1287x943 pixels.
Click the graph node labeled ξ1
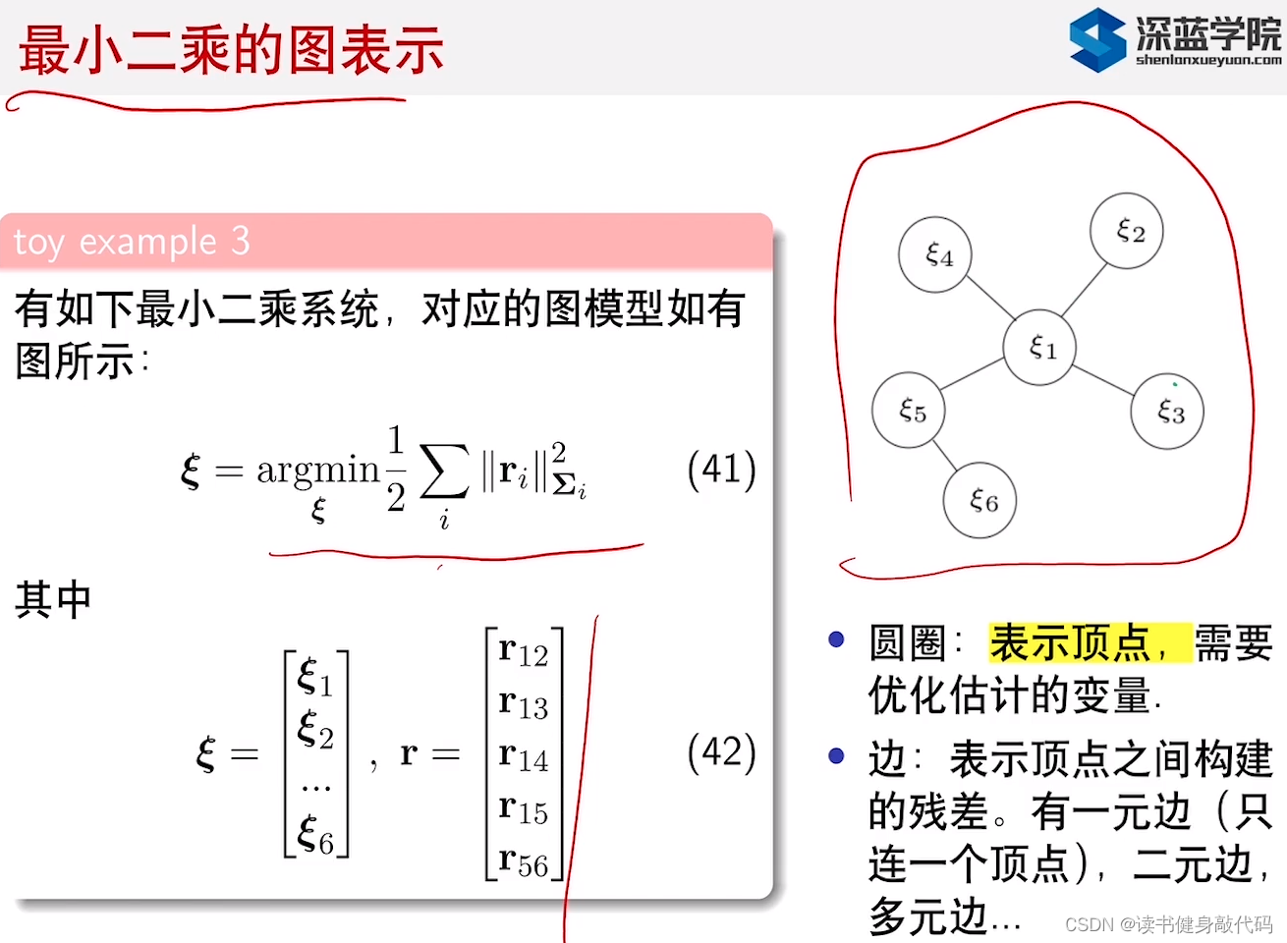click(x=1039, y=348)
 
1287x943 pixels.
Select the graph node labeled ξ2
click(x=1127, y=231)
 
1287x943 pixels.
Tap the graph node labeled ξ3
click(x=1167, y=412)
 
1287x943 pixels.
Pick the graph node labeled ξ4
click(x=935, y=255)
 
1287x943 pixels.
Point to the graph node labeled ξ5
click(x=909, y=410)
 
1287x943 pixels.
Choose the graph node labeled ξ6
click(x=979, y=501)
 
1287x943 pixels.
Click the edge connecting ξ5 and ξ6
click(x=944, y=455)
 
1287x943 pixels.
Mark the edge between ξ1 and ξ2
click(x=1084, y=290)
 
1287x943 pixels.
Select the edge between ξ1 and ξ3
click(x=1103, y=380)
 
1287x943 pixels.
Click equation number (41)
click(x=721, y=470)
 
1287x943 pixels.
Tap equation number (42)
click(x=721, y=753)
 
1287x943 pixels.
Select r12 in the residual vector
click(x=523, y=651)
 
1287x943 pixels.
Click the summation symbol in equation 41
click(x=444, y=471)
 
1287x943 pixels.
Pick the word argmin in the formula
click(x=317, y=470)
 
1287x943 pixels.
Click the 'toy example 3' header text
click(x=132, y=241)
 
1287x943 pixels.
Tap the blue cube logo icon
click(x=1097, y=39)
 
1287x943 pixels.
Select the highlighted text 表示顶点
click(x=1071, y=643)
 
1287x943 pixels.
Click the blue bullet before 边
click(x=837, y=755)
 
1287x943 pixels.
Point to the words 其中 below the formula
click(x=53, y=599)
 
